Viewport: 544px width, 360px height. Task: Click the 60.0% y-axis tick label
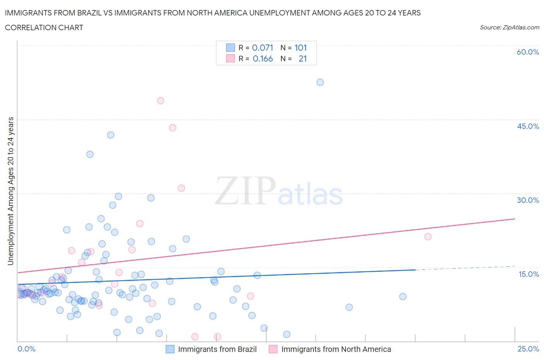pos(528,52)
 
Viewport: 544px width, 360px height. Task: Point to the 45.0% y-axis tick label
pos(528,126)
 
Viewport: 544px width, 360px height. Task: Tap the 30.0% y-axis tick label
pos(528,200)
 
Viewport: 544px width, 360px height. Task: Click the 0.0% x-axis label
pos(27,349)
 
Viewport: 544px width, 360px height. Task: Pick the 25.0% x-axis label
pos(528,349)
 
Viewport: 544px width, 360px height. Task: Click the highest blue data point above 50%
pos(320,82)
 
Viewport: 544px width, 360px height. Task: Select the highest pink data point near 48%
pos(161,101)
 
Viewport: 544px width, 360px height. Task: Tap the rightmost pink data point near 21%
pos(428,237)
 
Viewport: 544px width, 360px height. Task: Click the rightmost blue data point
pos(403,297)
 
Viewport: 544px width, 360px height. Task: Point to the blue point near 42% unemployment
pos(111,135)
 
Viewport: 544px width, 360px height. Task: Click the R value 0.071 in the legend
pos(263,48)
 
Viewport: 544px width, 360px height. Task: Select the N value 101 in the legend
pos(301,48)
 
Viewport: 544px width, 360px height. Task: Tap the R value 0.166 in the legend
pos(263,58)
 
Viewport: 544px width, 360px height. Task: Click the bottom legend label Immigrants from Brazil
pos(217,349)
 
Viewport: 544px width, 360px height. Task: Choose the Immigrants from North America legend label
pos(336,349)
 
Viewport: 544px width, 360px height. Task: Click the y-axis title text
pos(10,191)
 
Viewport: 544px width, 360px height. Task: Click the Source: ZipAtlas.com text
pos(509,27)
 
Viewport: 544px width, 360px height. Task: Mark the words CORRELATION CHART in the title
pos(44,27)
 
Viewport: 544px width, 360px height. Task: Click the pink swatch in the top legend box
pos(230,58)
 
